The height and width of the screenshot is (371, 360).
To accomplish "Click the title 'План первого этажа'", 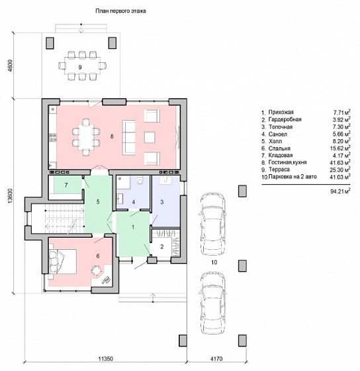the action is point(120,11).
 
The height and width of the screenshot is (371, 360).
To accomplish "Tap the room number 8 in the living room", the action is point(112,136).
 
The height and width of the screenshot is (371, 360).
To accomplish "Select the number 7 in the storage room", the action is point(66,185).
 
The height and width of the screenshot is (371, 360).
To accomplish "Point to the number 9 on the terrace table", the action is point(80,68).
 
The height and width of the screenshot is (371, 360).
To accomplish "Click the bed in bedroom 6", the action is point(63,262).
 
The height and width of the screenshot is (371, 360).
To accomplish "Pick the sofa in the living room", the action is point(129,137).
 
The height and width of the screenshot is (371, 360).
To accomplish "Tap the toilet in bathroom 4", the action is point(140,180).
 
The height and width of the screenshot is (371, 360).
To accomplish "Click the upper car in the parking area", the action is point(212,225).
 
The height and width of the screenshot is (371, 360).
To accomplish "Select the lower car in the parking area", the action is point(212,303).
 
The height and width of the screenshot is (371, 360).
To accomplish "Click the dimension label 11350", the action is point(106,359).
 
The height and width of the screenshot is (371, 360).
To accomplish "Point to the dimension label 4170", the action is point(216,359).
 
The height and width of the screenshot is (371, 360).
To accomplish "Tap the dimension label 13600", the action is point(10,196).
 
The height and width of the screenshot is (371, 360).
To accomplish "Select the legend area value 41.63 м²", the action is point(340,162).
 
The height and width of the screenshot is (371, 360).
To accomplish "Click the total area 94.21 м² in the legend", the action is point(340,191).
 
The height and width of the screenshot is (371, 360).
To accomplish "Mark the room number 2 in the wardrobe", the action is point(162,246).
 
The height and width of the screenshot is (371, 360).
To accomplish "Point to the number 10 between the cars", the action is point(214,262).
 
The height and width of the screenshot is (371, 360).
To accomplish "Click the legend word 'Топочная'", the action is point(281,127).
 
